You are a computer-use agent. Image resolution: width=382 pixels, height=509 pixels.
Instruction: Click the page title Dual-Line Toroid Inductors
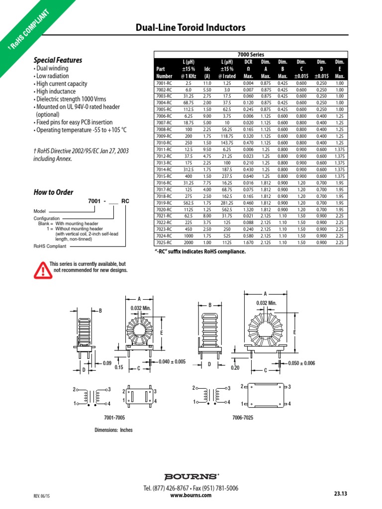[x=191, y=28]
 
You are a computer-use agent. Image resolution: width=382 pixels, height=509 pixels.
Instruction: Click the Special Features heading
[x=58, y=60]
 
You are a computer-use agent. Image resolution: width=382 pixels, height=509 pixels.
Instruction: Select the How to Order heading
[x=53, y=192]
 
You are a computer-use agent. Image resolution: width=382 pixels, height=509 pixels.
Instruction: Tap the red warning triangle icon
[x=42, y=270]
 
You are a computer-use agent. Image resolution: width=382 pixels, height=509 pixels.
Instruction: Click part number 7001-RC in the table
[x=164, y=83]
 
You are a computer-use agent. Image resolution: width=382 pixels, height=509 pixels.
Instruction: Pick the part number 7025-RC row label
[x=164, y=243]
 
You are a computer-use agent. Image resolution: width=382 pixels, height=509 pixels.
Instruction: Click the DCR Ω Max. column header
[x=249, y=69]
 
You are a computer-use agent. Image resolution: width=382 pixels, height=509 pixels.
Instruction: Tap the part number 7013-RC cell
[x=164, y=163]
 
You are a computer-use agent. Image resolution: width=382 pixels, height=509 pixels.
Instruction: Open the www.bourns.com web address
[x=191, y=495]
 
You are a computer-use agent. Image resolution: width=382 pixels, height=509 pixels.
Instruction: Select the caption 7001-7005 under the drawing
[x=114, y=418]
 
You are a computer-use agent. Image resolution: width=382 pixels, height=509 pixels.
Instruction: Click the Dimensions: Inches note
[x=114, y=430]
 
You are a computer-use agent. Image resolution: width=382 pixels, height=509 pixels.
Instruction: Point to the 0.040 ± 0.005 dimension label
[x=172, y=361]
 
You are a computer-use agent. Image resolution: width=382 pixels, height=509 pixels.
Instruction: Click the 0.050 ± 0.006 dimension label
[x=302, y=363]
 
